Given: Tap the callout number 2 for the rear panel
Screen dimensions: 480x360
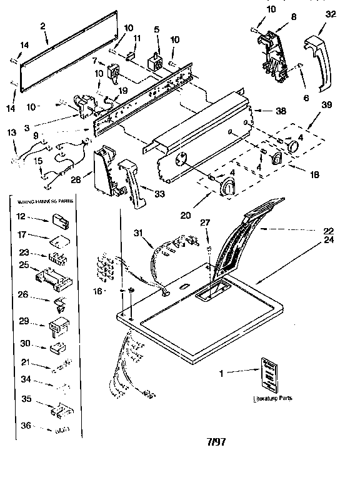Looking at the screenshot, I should tap(42, 26).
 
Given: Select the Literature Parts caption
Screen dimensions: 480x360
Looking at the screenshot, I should tap(272, 398).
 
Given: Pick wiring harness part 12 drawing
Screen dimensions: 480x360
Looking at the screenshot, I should tap(59, 219).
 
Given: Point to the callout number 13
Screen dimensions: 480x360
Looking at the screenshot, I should tap(11, 132).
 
